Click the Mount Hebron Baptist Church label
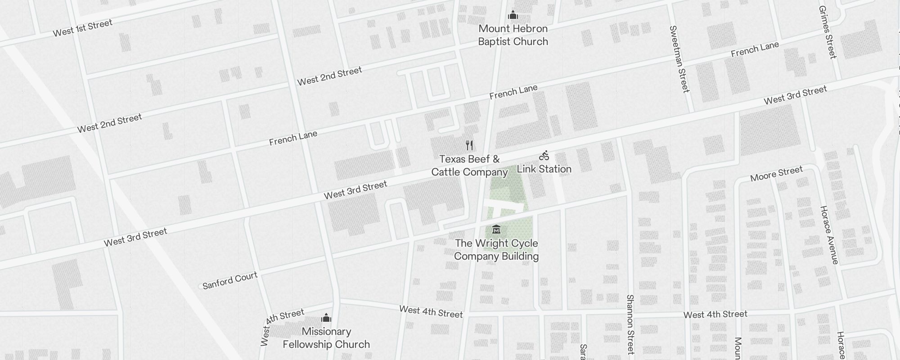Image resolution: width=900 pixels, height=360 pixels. (513, 35)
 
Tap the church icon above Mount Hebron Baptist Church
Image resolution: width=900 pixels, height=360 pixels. (513, 16)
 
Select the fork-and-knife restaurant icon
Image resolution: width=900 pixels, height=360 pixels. (469, 145)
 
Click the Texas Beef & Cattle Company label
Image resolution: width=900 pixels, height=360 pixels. (469, 166)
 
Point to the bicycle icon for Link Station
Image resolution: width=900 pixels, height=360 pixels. (544, 156)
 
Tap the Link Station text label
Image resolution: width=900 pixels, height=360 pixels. (544, 169)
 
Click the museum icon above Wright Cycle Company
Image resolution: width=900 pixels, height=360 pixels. (496, 229)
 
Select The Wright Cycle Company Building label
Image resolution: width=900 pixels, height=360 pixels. (496, 250)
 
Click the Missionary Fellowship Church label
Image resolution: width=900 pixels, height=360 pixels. (326, 338)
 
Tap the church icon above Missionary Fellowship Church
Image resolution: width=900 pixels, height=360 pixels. (326, 318)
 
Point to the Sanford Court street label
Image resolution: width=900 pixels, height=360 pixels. (230, 280)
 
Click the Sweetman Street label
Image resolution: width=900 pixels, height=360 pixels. (679, 59)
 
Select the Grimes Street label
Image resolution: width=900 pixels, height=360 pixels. (827, 32)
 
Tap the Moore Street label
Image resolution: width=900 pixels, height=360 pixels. (776, 174)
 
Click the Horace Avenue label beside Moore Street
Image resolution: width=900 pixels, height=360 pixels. (829, 235)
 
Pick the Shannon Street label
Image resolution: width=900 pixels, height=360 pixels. (630, 324)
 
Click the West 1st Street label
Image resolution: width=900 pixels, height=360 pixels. (82, 28)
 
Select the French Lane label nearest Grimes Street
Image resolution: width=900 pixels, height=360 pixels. (755, 49)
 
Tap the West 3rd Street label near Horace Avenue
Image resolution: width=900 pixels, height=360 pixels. (795, 95)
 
